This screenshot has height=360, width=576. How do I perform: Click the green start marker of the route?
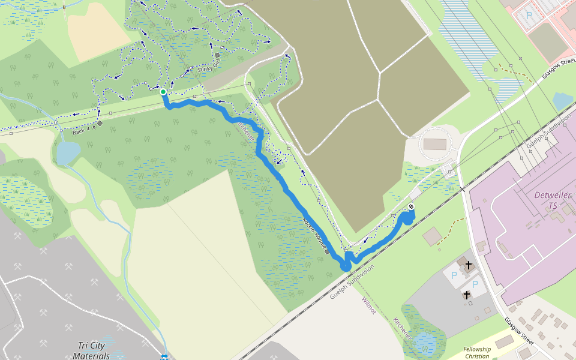(x=163, y=92)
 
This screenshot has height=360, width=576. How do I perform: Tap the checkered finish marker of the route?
(x=411, y=207)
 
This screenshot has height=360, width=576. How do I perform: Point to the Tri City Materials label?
(x=91, y=350)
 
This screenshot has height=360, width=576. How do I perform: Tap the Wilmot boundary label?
(x=368, y=305)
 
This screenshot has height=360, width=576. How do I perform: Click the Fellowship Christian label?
(x=477, y=353)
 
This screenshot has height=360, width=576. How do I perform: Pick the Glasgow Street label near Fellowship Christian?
(x=518, y=331)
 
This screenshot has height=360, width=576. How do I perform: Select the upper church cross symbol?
(x=468, y=265)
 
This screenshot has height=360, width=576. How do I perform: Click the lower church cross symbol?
(x=467, y=295)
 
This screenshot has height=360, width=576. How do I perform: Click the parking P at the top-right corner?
(x=529, y=16)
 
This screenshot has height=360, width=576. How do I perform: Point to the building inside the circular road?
(x=435, y=144)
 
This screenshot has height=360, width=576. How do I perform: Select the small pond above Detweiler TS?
(x=562, y=101)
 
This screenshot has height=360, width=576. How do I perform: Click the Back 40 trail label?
(x=83, y=129)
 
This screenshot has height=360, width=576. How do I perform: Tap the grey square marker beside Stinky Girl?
(x=217, y=56)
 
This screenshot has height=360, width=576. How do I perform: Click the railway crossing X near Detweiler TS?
(x=463, y=189)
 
